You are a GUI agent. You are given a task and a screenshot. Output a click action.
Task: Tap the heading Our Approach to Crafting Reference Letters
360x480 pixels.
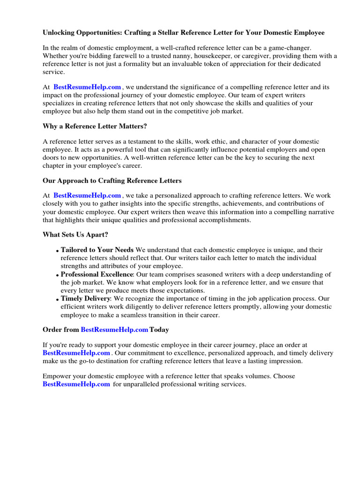[112, 180]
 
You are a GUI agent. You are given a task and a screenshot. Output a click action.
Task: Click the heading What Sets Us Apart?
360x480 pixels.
[75, 234]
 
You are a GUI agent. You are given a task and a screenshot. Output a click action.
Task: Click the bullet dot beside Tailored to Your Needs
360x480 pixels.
[58, 251]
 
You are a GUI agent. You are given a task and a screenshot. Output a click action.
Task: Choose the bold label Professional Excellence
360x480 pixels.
[97, 274]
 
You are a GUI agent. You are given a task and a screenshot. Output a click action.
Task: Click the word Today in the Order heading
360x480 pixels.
[159, 330]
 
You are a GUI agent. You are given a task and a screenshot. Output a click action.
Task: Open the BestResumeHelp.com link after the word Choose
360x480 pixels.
[76, 384]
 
